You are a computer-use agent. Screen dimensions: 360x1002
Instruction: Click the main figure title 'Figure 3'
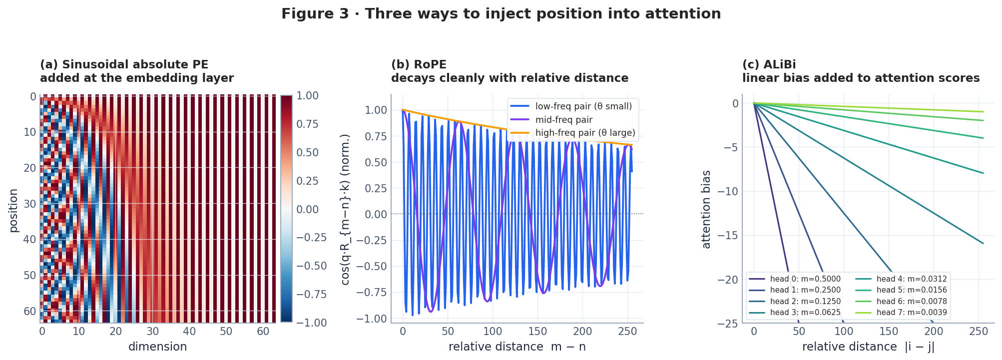[x=501, y=14]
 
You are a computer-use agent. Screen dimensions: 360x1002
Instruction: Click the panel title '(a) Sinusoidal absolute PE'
[x=124, y=65]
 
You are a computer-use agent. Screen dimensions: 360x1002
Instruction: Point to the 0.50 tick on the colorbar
[x=307, y=153]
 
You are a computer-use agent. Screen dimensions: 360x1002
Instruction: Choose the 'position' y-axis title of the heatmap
[x=13, y=210]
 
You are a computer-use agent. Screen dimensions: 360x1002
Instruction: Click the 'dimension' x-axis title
[x=157, y=347]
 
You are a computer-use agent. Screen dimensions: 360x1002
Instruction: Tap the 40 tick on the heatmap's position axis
[x=30, y=240]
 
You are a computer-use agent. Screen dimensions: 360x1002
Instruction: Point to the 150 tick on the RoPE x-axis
[x=537, y=331]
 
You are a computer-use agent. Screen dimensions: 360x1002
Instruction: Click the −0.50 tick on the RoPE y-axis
[x=375, y=267]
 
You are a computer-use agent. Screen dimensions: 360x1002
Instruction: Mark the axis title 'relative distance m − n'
[x=517, y=347]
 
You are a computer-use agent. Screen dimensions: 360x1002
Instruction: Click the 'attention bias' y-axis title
[x=706, y=209]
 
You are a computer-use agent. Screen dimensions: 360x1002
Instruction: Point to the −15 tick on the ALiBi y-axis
[x=728, y=236]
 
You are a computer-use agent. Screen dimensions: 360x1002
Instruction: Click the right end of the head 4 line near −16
[x=983, y=243]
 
